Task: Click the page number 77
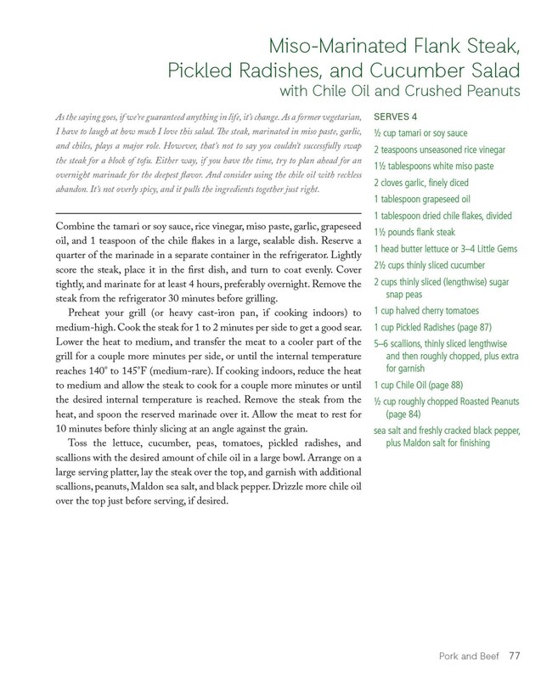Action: point(515,655)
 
